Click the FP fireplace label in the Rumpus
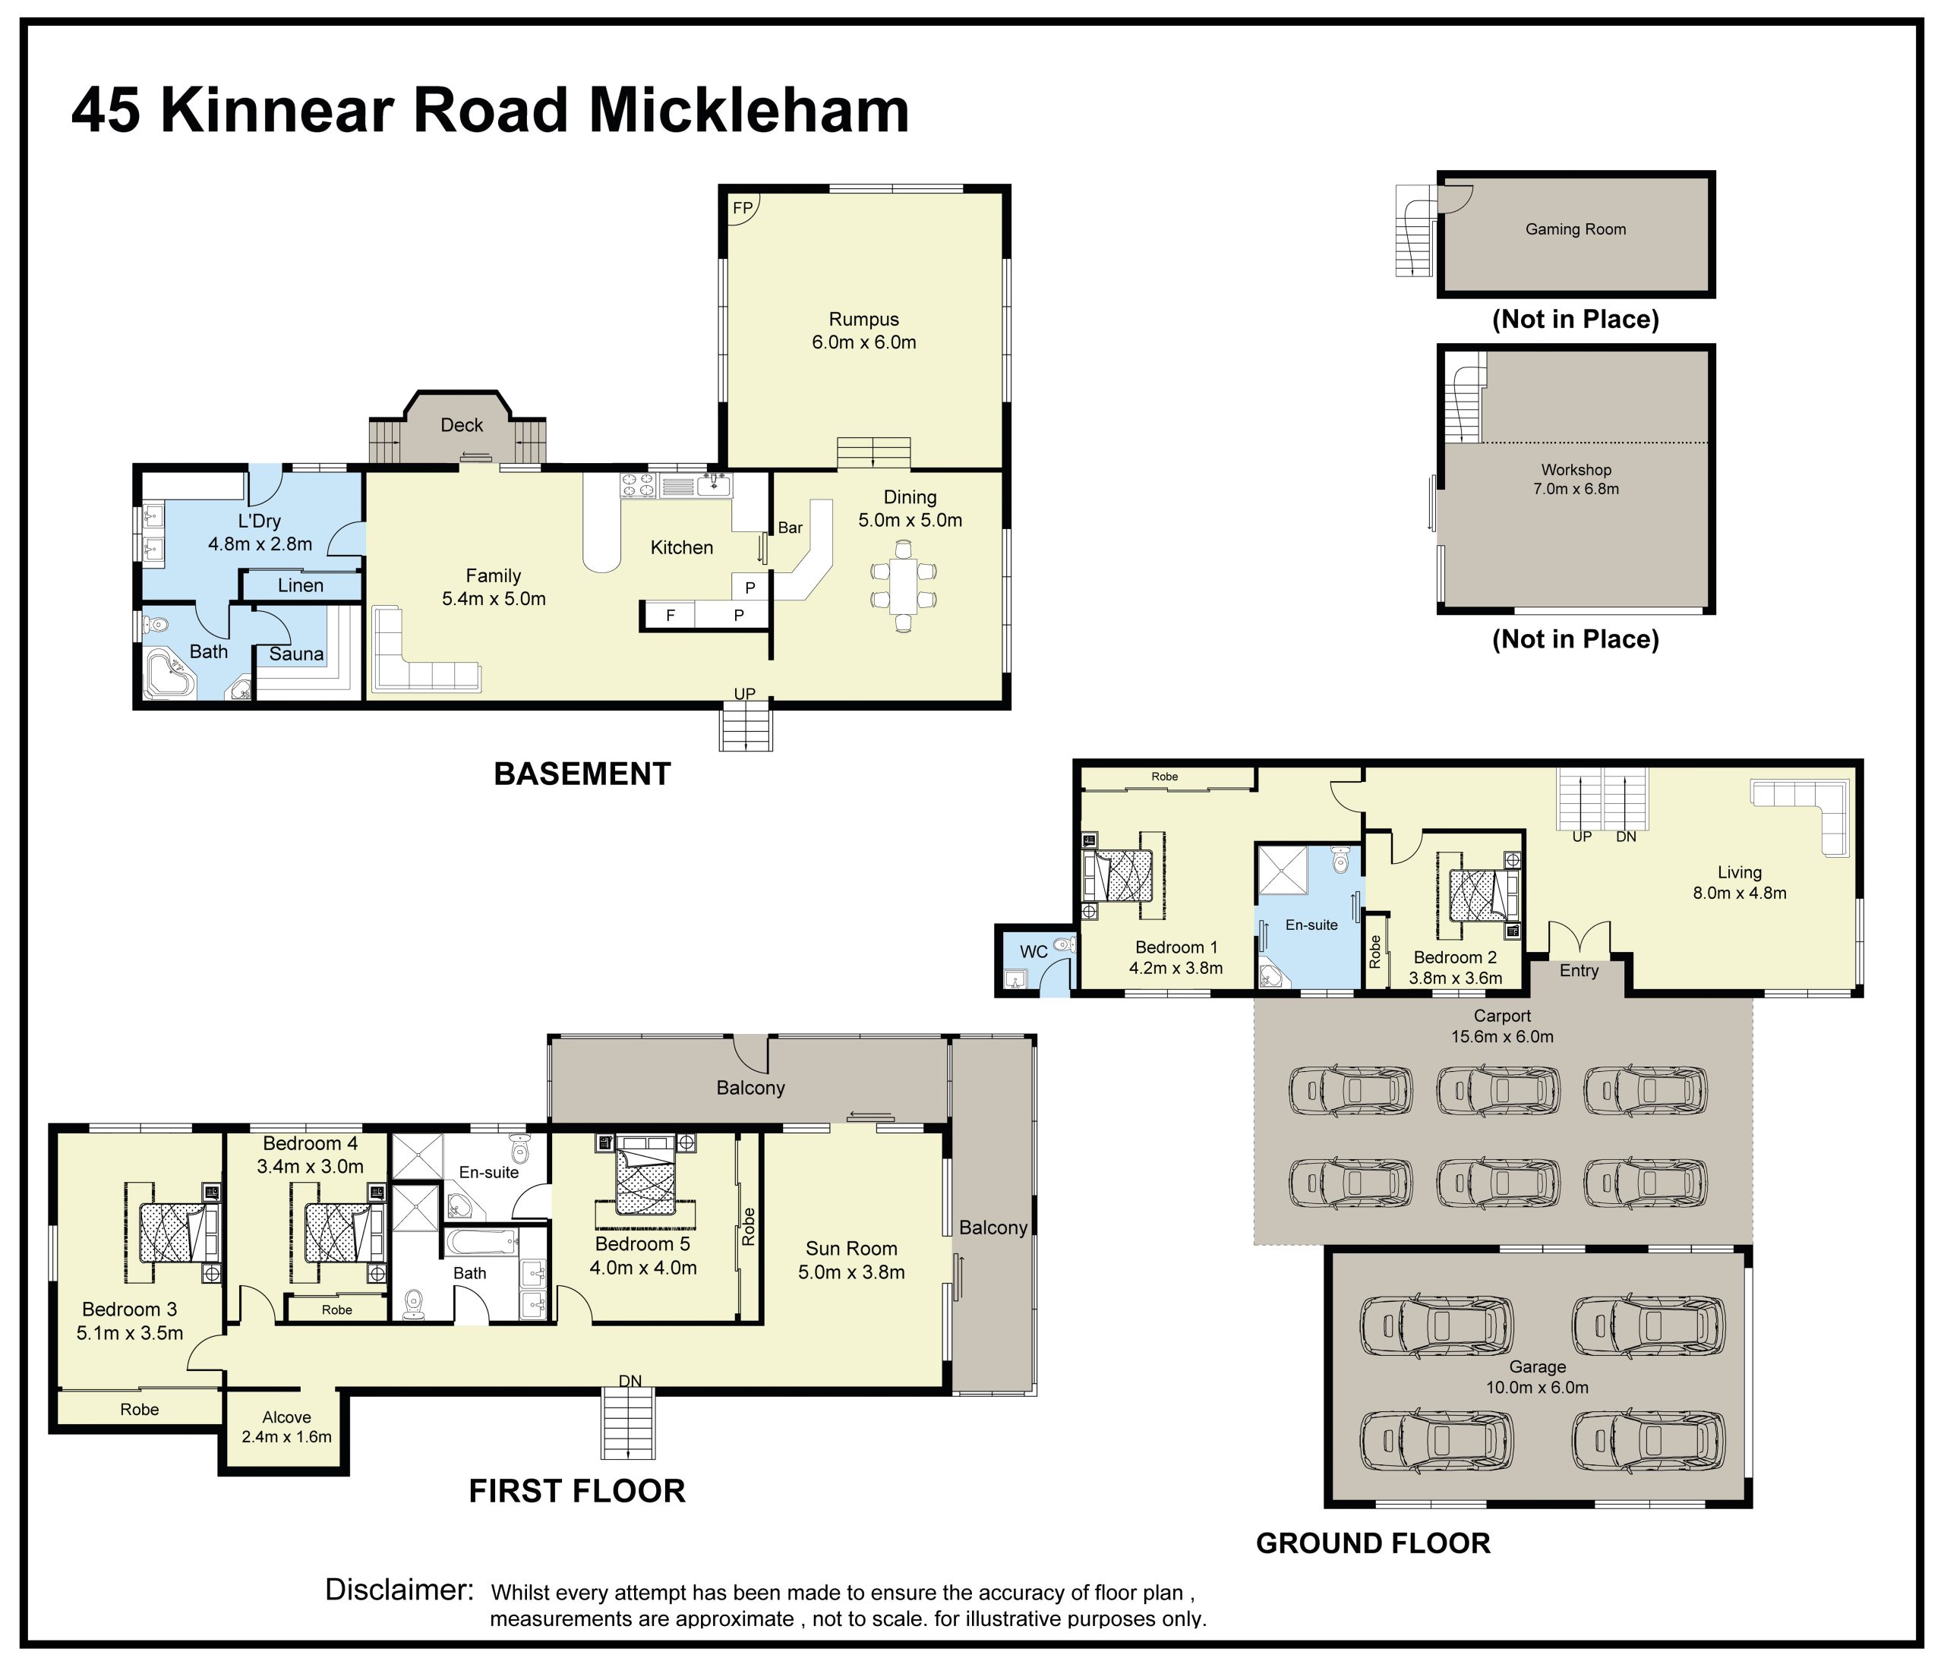pos(742,208)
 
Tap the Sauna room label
pos(296,654)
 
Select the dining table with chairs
pos(903,586)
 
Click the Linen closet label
pos(300,585)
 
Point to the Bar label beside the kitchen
pos(790,528)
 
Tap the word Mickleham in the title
pos(749,111)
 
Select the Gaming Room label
pos(1575,228)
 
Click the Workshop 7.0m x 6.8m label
pos(1576,479)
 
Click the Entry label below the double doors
pos(1579,971)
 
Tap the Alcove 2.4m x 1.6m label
pos(286,1426)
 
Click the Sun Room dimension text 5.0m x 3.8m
pos(851,1273)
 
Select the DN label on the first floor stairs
pos(630,1381)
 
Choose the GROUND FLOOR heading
pos(1373,1543)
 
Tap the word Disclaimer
pos(399,1589)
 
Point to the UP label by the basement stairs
pos(744,694)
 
